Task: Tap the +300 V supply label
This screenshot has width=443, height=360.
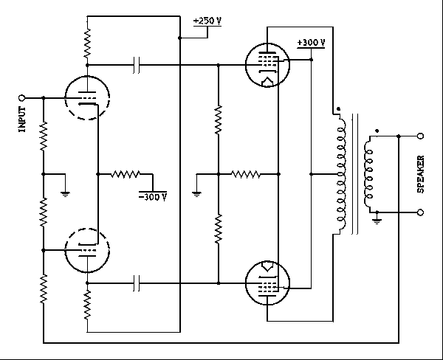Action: pos(310,43)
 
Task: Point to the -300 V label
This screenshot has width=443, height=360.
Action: pos(153,197)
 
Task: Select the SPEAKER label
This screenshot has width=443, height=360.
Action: pos(420,174)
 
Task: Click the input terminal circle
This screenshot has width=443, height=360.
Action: pos(22,97)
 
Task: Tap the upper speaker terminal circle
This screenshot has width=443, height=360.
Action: pos(421,136)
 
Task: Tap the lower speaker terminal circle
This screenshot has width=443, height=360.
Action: pos(421,212)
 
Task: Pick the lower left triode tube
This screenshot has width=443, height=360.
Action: pos(86,250)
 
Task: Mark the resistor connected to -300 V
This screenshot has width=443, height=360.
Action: pos(126,175)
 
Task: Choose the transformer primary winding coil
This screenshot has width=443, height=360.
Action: pos(340,175)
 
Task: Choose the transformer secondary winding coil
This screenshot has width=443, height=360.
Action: pos(368,174)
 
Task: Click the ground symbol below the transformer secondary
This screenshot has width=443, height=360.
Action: pos(377,220)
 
